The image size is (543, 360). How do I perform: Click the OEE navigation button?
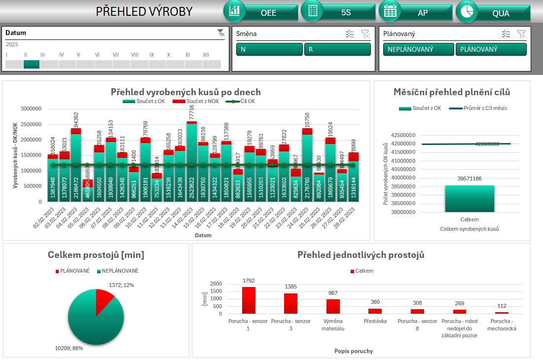click(262, 12)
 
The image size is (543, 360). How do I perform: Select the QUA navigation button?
click(493, 13)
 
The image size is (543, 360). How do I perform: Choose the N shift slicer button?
click(269, 49)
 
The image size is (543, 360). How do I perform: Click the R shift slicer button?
click(337, 49)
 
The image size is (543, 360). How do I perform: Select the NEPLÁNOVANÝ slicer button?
click(418, 49)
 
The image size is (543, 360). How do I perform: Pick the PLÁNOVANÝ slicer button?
click(491, 49)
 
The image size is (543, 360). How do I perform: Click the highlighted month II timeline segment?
click(32, 64)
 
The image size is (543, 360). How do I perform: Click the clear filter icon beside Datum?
click(221, 33)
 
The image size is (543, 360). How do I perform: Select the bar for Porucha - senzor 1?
click(249, 300)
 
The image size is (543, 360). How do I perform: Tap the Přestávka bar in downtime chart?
click(375, 311)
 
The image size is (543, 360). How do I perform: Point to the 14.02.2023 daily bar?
click(192, 163)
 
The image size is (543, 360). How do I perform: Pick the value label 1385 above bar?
click(290, 287)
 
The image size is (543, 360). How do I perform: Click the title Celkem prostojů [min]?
click(96, 255)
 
